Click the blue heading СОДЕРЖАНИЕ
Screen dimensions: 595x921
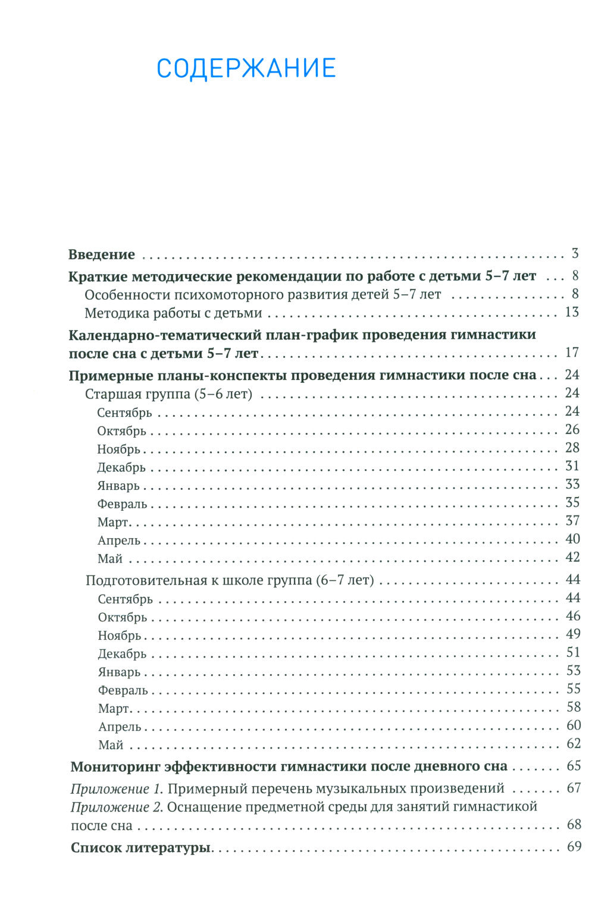(x=246, y=68)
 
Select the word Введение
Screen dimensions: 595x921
(x=102, y=254)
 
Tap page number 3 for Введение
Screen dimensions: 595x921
(x=575, y=254)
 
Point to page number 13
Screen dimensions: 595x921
(x=572, y=312)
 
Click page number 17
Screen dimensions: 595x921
(x=572, y=353)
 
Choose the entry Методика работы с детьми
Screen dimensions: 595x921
(x=173, y=313)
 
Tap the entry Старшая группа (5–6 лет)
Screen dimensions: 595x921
(x=168, y=394)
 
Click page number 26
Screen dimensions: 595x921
(x=572, y=430)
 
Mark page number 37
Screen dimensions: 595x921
(x=572, y=521)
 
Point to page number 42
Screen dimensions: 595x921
(x=572, y=558)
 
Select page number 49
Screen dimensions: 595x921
(x=573, y=634)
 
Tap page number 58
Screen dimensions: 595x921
(x=573, y=708)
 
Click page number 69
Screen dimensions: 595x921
(x=574, y=847)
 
